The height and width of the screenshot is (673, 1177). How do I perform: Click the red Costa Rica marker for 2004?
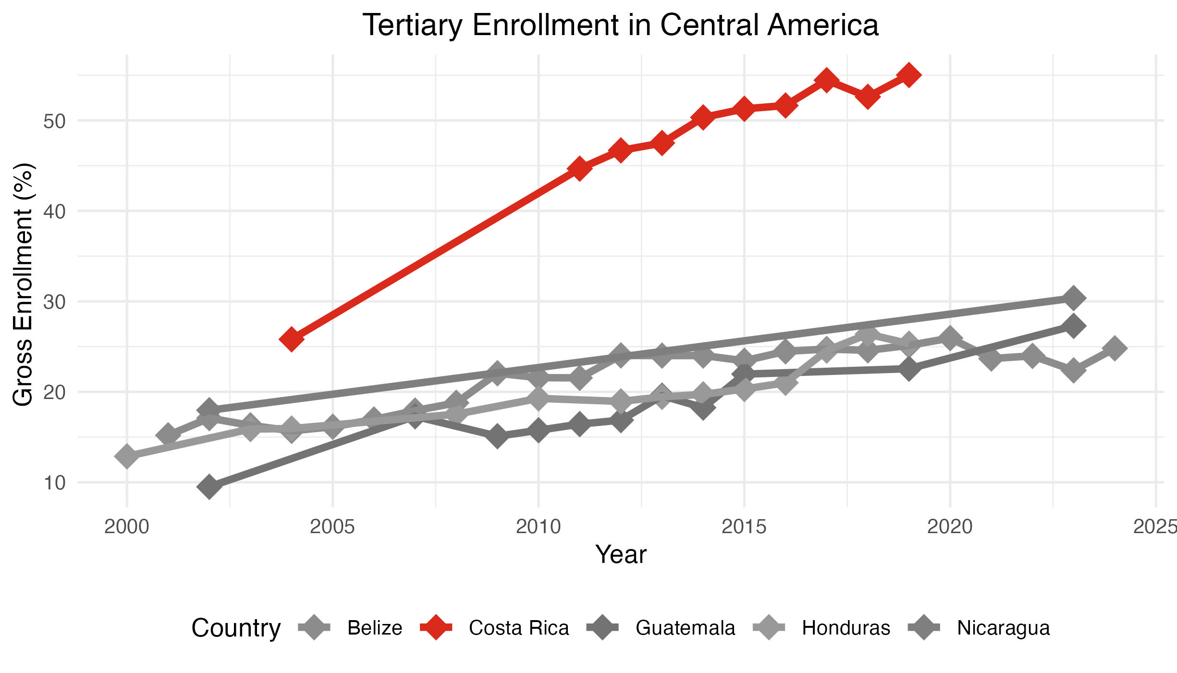(291, 339)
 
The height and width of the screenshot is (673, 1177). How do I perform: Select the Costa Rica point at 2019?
(908, 75)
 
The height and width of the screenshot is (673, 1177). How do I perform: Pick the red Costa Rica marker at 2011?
(579, 168)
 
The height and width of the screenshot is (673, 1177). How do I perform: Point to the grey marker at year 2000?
(127, 456)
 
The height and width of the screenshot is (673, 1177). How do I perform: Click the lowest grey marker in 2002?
(209, 487)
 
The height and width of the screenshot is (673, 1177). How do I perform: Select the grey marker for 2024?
(1115, 348)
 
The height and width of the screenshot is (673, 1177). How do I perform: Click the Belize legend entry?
(374, 628)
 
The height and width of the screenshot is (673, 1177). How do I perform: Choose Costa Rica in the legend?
(518, 628)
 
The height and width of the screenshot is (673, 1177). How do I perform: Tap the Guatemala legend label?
(685, 628)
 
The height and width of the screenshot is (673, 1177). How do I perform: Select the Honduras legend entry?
(846, 628)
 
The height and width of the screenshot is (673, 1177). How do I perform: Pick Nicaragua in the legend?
(1003, 628)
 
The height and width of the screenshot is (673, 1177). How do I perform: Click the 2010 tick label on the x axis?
(538, 527)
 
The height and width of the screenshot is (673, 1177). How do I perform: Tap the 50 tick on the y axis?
(54, 121)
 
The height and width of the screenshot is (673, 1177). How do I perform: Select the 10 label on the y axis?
(54, 483)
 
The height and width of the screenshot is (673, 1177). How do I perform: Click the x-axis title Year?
(621, 554)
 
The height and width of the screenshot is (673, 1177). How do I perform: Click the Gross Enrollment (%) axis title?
(23, 285)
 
